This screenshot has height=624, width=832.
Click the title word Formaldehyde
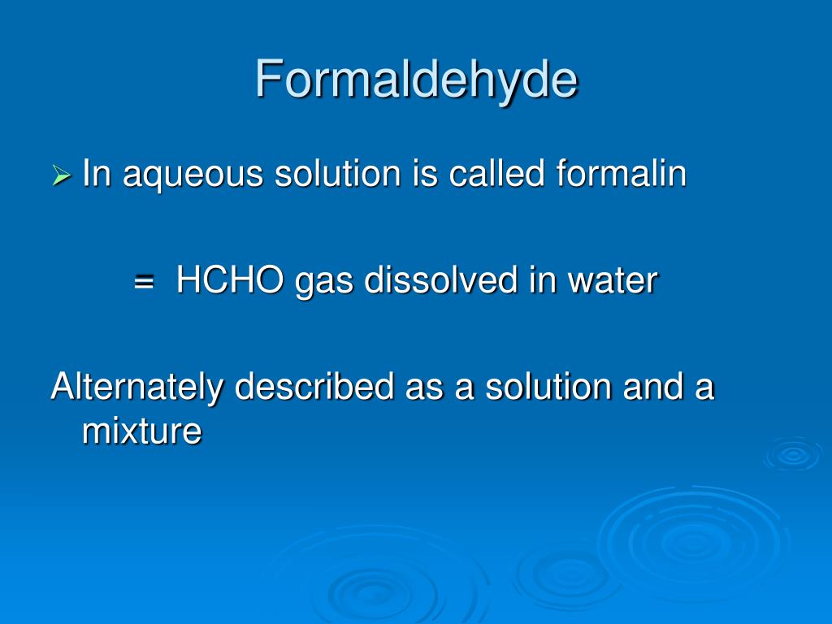416,80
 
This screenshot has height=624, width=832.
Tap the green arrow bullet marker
62,175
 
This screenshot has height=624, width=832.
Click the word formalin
622,174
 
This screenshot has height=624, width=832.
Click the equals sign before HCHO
145,283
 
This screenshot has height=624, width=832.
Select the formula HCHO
231,281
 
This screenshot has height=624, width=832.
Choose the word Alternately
136,387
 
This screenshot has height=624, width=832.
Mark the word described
314,387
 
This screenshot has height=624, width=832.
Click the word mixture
141,431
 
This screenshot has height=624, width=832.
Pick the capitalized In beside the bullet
96,174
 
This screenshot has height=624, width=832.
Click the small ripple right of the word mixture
792,454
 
